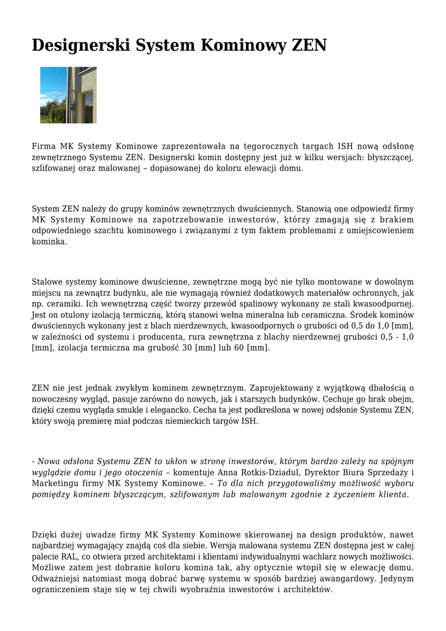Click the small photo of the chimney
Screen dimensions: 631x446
click(68, 95)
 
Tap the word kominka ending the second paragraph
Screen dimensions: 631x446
click(49, 242)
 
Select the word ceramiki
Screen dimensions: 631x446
click(65, 304)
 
